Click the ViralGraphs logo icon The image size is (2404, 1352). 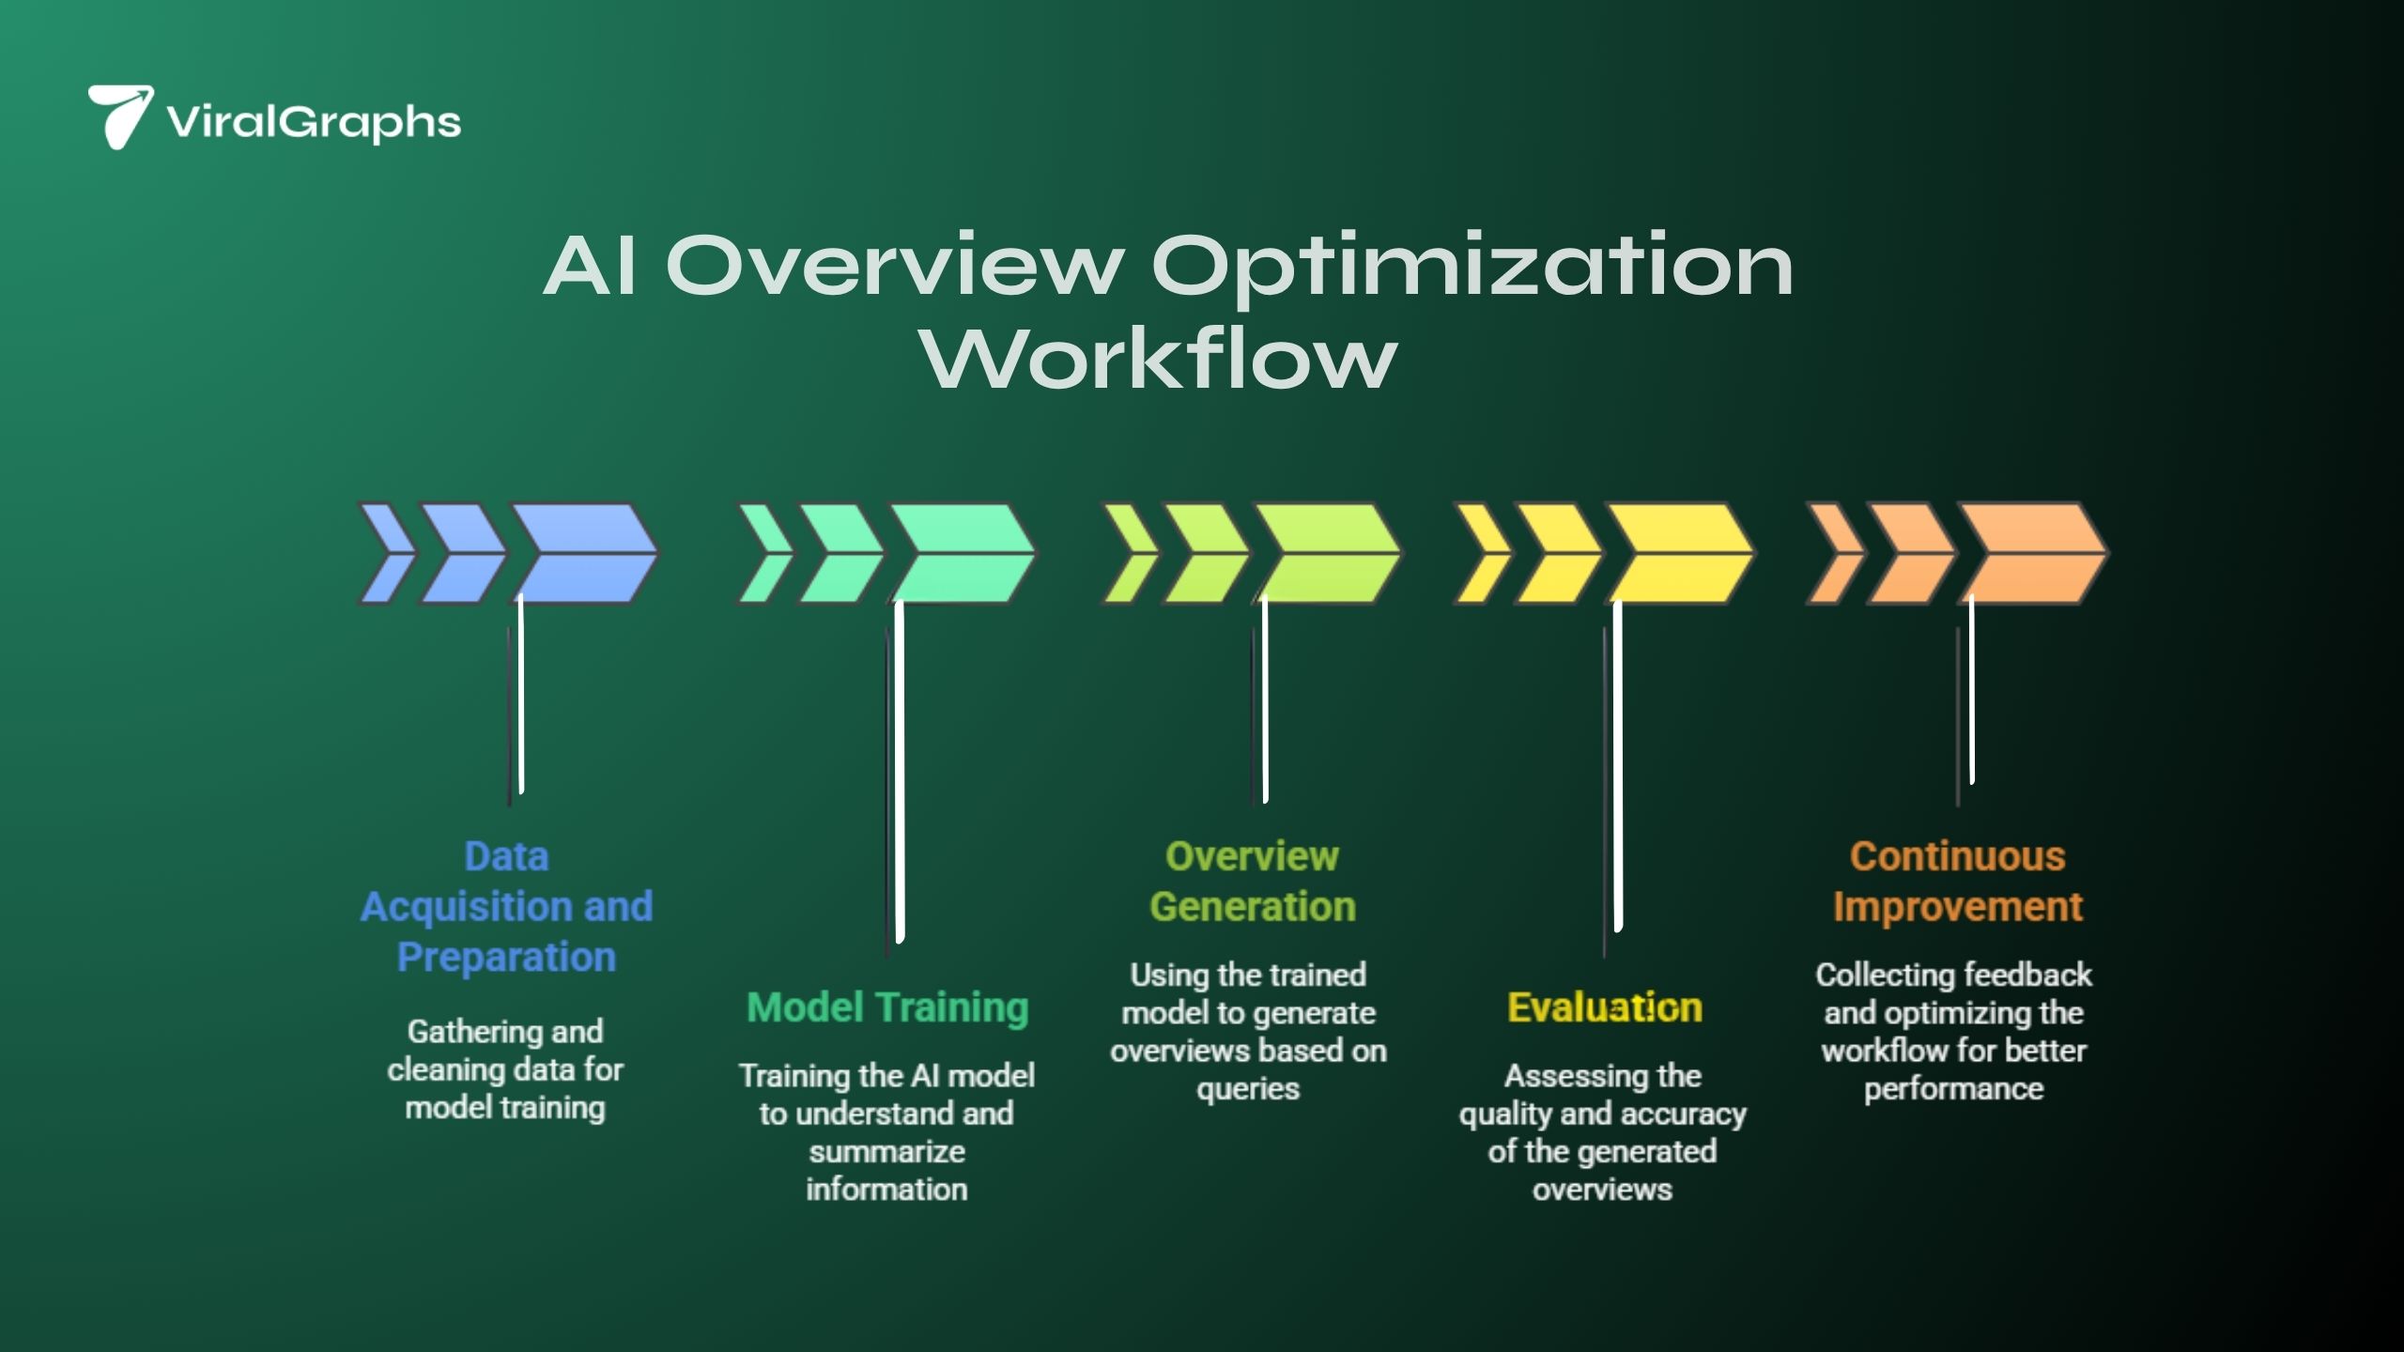[x=119, y=116]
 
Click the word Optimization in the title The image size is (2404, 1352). [x=1472, y=266]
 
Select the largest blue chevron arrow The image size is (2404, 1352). [x=584, y=553]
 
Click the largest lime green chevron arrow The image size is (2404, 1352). [x=1326, y=553]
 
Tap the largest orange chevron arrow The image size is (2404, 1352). [x=2032, y=553]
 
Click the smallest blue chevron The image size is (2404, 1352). [x=385, y=553]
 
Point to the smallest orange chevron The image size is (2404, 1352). [x=1833, y=553]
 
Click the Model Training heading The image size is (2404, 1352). [x=887, y=1007]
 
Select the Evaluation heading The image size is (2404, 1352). [x=1605, y=1007]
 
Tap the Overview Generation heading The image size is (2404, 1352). [x=1253, y=881]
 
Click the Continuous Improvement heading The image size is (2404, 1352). [x=1958, y=881]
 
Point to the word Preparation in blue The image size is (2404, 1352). [x=506, y=957]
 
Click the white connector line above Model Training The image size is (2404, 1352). [x=900, y=770]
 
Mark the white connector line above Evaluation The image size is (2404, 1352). [x=1617, y=765]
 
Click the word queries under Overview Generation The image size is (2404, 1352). [x=1248, y=1089]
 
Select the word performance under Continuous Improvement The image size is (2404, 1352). [x=1953, y=1089]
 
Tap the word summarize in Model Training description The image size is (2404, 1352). [x=886, y=1151]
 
